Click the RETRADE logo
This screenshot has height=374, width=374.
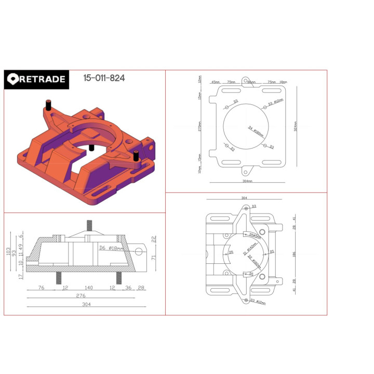click(36, 79)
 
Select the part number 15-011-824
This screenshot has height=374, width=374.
click(104, 78)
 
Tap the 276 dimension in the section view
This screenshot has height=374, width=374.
click(81, 296)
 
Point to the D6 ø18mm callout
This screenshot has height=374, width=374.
click(111, 248)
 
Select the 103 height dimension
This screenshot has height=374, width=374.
click(7, 252)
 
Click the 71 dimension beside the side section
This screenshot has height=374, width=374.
click(154, 258)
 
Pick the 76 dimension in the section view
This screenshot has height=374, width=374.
click(41, 287)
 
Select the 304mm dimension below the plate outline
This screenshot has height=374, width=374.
click(247, 181)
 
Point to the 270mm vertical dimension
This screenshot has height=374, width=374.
click(200, 126)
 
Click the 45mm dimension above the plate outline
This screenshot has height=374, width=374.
click(216, 82)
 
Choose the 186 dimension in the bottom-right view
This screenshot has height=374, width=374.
click(293, 255)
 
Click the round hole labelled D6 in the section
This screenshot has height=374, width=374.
click(139, 251)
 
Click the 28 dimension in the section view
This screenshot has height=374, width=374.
click(141, 287)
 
